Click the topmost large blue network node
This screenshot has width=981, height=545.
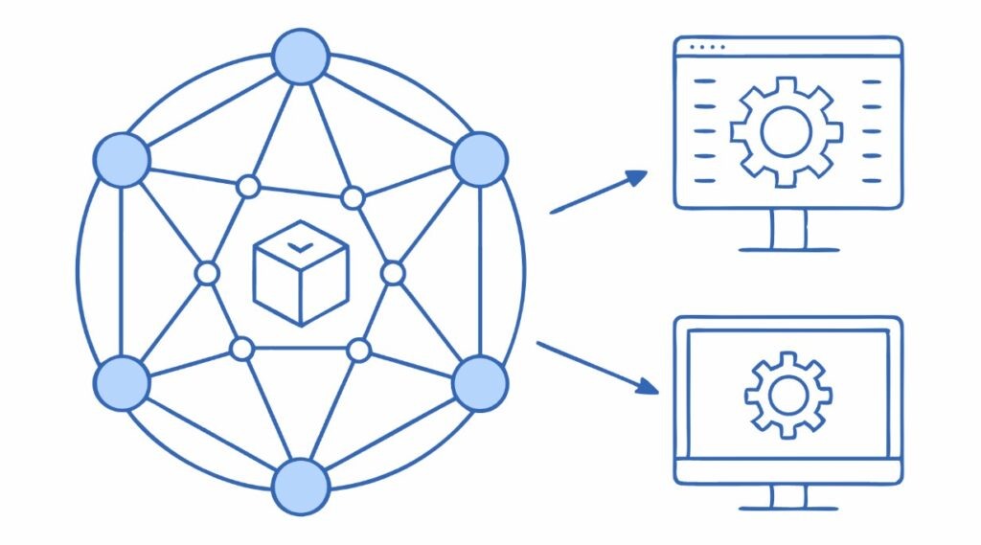pos(301,57)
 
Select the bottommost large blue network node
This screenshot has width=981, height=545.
pos(301,487)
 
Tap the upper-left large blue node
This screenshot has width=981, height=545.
pos(122,159)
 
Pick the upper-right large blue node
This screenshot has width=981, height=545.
pos(479,159)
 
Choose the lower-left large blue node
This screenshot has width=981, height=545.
pos(122,383)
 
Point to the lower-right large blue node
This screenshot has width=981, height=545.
pos(479,383)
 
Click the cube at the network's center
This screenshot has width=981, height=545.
pos(300,272)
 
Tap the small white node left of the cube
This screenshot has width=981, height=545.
pos(207,274)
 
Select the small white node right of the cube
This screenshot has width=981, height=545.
pos(393,274)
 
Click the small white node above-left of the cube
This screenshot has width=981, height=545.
pos(248,187)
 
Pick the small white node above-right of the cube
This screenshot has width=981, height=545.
pos(354,198)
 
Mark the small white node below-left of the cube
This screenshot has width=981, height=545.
pos(242,349)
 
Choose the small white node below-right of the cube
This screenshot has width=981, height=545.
pos(359,351)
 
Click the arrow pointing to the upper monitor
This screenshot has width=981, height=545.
pos(599,192)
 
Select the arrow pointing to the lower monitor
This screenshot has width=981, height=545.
pos(599,367)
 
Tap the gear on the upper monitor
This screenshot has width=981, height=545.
pos(787,131)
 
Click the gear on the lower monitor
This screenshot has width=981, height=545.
pos(788,394)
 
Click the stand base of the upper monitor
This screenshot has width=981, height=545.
pos(788,249)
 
